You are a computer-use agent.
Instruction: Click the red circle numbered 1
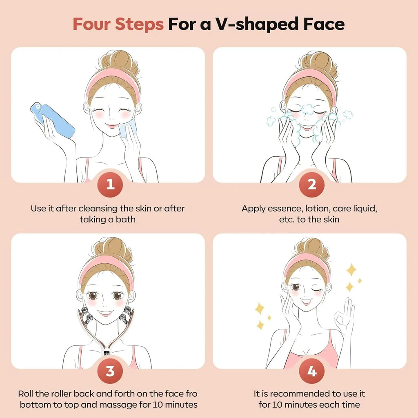110,185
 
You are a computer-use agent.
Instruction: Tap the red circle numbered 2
311,185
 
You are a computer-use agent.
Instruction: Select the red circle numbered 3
110,371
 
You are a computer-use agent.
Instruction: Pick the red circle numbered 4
311,371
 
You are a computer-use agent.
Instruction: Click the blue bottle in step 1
53,120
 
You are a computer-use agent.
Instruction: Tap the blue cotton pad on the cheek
128,128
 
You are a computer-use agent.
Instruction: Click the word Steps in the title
139,24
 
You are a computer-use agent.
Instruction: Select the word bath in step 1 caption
126,219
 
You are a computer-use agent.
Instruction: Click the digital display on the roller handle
107,354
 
